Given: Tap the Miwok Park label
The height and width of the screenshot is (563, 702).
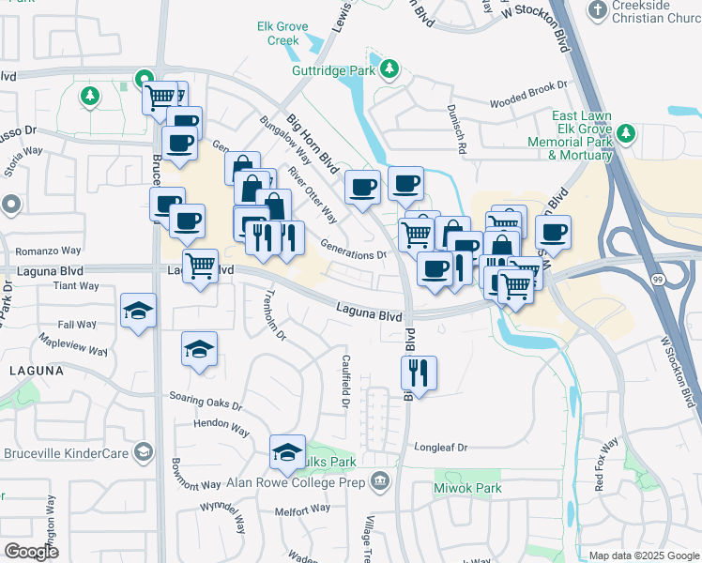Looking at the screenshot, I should [467, 488].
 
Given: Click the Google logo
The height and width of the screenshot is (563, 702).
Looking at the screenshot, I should [32, 551].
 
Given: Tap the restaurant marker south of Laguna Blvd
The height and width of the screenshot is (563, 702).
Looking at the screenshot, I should [419, 373].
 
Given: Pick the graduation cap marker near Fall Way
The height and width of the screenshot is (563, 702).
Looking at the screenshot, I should [139, 311].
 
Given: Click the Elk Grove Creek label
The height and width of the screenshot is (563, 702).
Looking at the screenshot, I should [278, 34].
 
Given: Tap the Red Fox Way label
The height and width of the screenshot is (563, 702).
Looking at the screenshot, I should [606, 464].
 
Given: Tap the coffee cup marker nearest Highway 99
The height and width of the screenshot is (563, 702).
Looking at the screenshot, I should [553, 232].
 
